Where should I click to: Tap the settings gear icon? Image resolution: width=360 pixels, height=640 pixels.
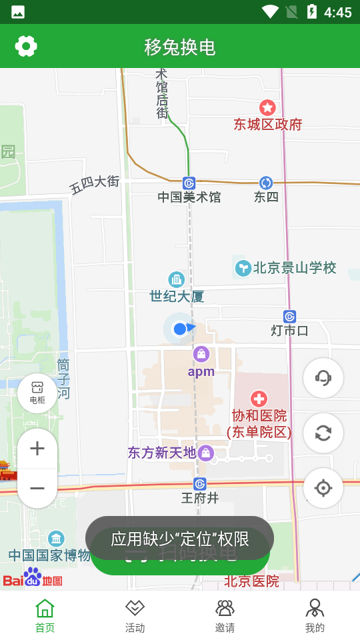[x=26, y=46]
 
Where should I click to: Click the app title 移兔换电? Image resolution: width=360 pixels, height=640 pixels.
[x=180, y=47]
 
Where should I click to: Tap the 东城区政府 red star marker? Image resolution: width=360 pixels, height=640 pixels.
[x=267, y=107]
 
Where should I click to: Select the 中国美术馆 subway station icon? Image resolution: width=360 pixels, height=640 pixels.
[x=189, y=183]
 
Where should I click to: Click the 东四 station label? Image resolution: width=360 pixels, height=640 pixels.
[x=266, y=197]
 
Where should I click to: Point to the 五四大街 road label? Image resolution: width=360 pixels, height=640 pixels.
[x=95, y=184]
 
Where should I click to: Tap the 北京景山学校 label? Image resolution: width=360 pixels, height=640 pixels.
[x=295, y=268]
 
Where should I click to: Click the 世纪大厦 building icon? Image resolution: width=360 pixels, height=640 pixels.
[x=177, y=279]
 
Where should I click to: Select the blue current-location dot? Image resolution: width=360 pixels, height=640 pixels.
[x=179, y=329]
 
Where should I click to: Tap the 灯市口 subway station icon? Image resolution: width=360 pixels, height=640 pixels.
[x=289, y=317]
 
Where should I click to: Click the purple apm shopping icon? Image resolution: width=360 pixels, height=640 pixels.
[x=201, y=354]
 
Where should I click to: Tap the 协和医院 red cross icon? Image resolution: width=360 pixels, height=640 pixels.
[x=259, y=399]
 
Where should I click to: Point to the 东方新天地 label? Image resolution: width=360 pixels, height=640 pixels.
[x=162, y=453]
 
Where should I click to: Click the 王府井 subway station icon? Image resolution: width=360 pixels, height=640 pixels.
[x=199, y=483]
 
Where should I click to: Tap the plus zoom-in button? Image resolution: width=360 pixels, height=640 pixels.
[x=37, y=449]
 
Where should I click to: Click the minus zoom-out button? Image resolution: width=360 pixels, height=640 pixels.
[x=37, y=489]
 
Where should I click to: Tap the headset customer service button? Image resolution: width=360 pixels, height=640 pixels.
[x=323, y=378]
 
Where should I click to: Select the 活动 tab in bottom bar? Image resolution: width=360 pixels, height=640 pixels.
[x=135, y=615]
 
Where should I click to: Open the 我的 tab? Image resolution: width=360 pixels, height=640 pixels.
[x=315, y=615]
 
